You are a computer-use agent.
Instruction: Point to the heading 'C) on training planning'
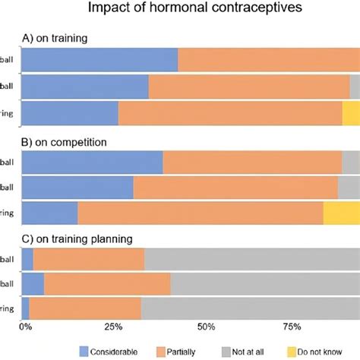(x=78, y=238)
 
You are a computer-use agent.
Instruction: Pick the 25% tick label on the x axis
(x=114, y=327)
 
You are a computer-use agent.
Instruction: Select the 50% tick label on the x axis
(x=205, y=327)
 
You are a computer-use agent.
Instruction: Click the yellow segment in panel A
(x=351, y=113)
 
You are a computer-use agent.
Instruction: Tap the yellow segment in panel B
(x=342, y=213)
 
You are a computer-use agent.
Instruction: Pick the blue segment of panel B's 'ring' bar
(x=50, y=213)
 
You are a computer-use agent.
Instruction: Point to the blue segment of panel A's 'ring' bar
(x=71, y=113)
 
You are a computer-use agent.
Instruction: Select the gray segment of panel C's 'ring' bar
(x=251, y=308)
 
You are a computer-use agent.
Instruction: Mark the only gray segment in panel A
(x=355, y=87)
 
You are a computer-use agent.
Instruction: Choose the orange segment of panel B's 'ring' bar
(x=201, y=213)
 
